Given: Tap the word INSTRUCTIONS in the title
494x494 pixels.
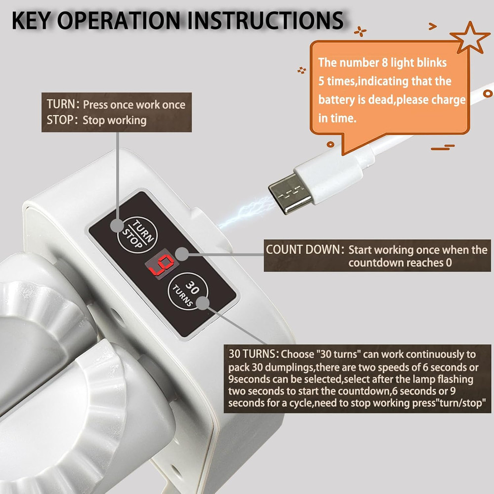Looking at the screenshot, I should (264, 21).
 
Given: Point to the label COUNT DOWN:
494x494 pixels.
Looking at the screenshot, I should (304, 249).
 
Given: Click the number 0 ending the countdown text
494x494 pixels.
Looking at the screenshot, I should (448, 262).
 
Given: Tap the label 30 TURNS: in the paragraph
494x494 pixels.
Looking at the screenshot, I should (254, 354).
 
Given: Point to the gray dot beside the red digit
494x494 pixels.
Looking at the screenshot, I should (183, 254).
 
